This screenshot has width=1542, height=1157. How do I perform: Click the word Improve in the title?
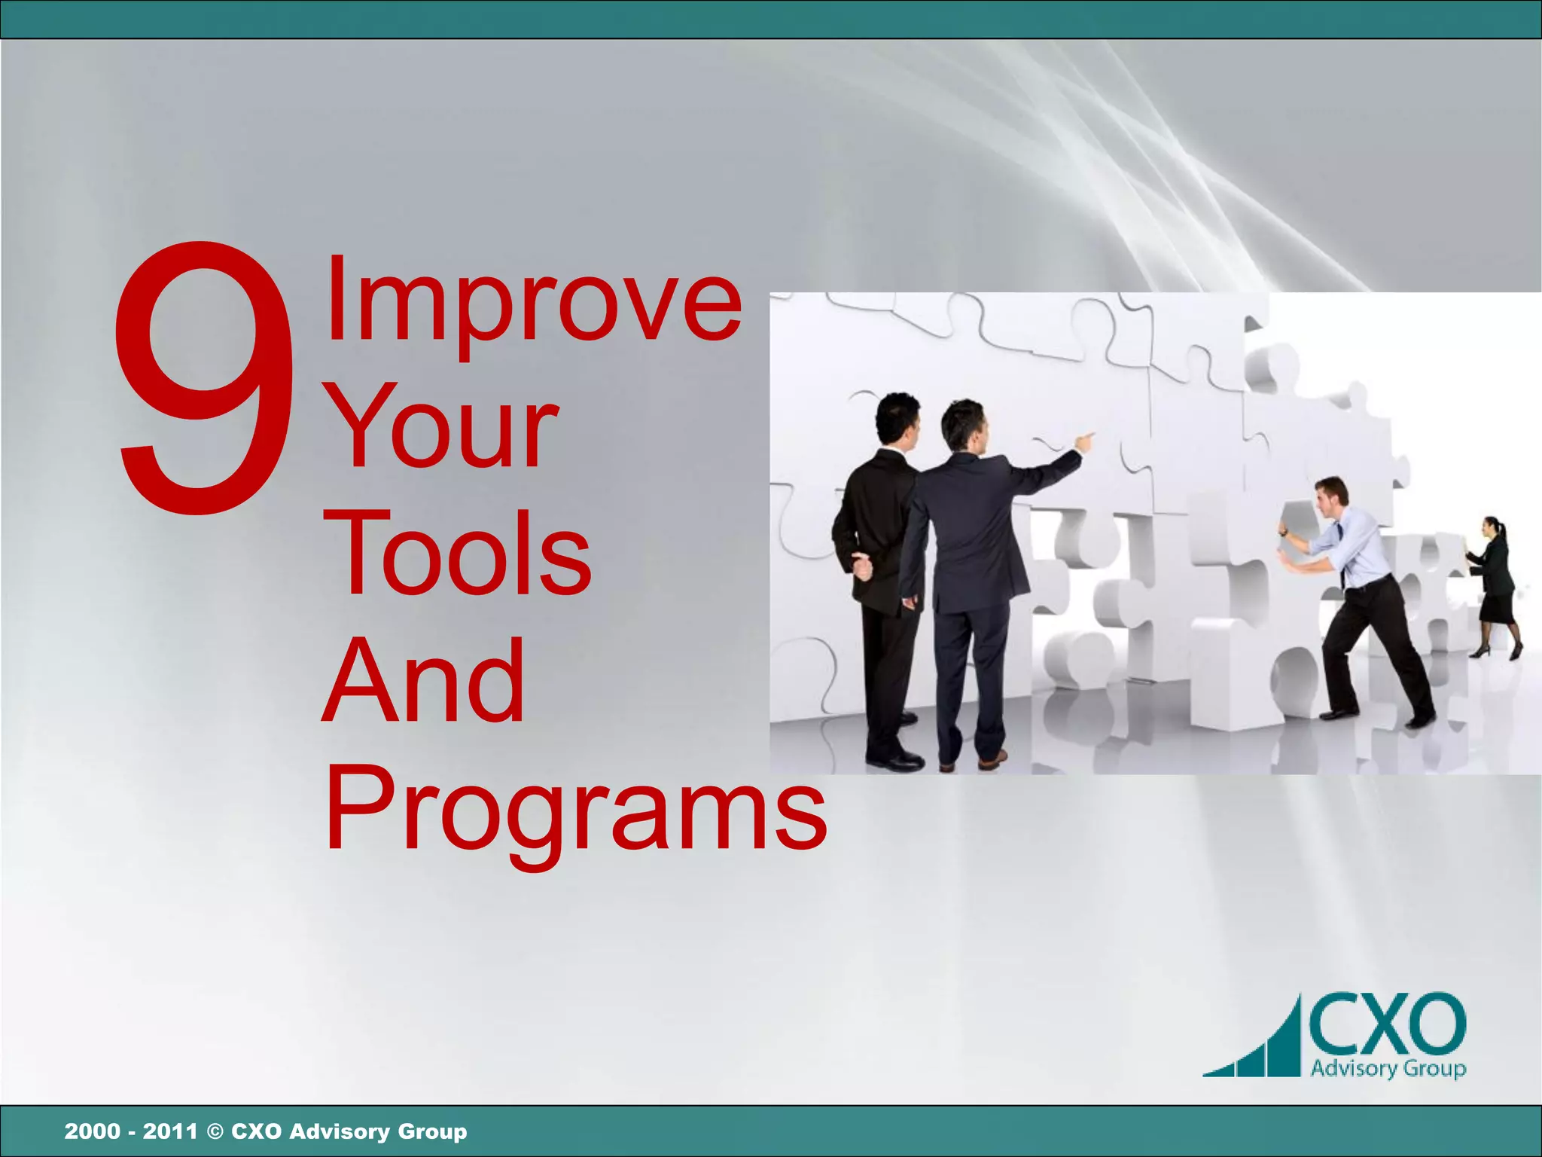[533, 301]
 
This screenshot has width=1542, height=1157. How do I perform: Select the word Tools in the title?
[459, 554]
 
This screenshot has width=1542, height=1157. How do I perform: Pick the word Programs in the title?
[576, 810]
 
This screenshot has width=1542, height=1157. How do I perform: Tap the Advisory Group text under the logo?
[1388, 1068]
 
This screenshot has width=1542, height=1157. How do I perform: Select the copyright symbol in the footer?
[215, 1131]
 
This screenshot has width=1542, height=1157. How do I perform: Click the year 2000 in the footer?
[92, 1131]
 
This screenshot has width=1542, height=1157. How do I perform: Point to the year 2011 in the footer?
[170, 1131]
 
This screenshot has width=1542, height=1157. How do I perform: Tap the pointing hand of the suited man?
[1084, 440]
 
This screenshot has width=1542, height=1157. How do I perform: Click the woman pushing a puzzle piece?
[1495, 584]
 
